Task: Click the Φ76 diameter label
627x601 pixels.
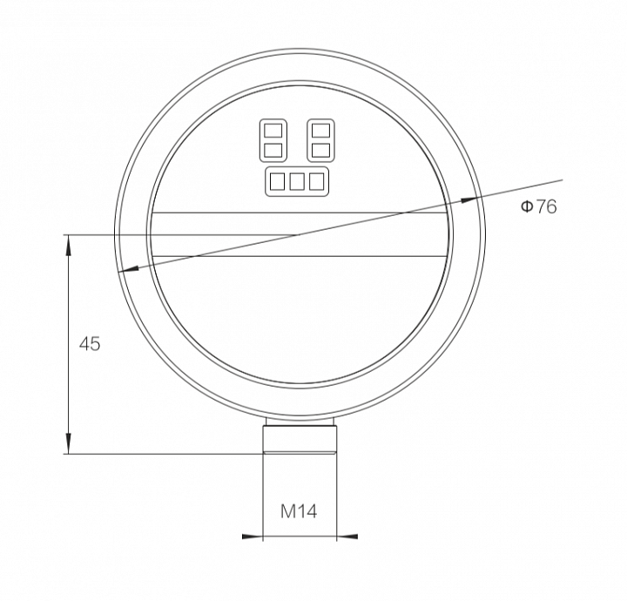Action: click(538, 206)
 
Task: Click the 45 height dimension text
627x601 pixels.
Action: click(90, 344)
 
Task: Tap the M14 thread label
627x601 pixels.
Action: click(299, 511)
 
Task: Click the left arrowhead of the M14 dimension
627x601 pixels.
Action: click(253, 537)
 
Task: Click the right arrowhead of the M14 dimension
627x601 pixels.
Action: click(347, 537)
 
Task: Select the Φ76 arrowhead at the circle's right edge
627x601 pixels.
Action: click(469, 199)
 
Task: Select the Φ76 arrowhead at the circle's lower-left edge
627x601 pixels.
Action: click(129, 270)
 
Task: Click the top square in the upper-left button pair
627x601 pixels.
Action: click(273, 131)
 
